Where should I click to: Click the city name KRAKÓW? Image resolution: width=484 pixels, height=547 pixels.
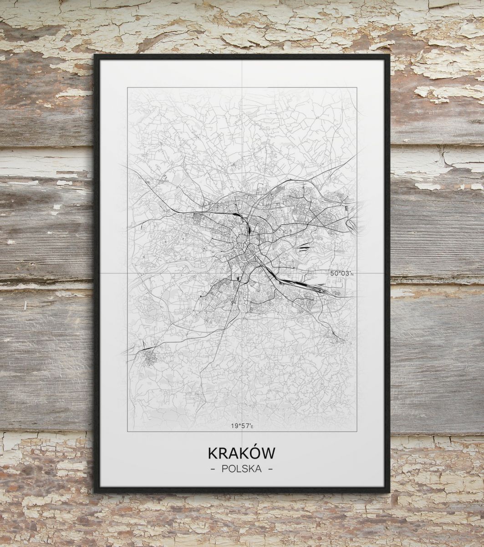(242, 453)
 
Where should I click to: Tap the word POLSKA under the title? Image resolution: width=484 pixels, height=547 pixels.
(242, 469)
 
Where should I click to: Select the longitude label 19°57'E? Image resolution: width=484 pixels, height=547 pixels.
(241, 426)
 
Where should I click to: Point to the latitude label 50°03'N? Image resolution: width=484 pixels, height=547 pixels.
(341, 273)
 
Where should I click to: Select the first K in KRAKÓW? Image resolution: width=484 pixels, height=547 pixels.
(213, 453)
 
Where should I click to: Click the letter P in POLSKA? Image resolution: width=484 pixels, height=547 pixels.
(225, 469)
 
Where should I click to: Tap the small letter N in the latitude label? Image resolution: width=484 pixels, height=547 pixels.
(352, 274)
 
